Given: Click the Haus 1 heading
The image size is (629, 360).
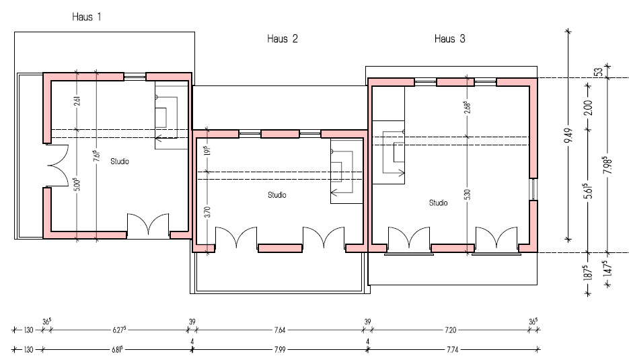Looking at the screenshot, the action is point(87,17).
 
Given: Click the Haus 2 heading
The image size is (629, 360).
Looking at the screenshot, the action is point(283,39).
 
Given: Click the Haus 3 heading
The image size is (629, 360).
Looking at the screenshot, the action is point(449,39).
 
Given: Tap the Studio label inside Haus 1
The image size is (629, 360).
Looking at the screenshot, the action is point(120,161).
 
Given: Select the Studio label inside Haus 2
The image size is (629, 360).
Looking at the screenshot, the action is point(276,195).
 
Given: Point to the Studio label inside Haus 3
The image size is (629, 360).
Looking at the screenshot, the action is point(438,203).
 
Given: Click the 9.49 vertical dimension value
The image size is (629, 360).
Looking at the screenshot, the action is point(568,135).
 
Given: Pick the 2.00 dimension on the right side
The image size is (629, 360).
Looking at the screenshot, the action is point(588,108).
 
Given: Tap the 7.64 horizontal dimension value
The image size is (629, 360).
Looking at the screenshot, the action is point(280,330).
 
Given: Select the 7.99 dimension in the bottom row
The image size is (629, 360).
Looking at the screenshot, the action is point(280,349).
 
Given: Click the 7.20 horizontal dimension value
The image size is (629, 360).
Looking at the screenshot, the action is point(451,330).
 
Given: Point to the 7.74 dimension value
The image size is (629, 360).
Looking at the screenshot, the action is point(453,349).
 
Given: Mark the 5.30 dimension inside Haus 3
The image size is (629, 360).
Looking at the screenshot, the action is point(468,194).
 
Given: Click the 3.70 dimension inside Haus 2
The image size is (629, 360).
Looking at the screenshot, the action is point(207,212).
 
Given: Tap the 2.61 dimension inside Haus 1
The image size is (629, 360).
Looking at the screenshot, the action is point(77,100).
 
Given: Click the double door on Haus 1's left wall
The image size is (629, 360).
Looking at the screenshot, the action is point(57,165).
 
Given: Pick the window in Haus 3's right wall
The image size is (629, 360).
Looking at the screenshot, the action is point(533,189).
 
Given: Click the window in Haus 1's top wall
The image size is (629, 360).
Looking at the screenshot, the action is point(135,76).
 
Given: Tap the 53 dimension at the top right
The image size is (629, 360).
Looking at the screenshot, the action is point(599,72).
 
